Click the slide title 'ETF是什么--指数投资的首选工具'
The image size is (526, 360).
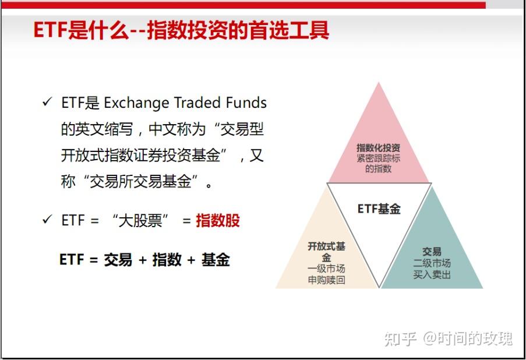coord(181,30)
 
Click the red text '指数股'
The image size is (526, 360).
coord(218,221)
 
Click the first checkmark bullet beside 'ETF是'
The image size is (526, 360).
coord(47,103)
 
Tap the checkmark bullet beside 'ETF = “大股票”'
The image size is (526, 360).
coord(47,220)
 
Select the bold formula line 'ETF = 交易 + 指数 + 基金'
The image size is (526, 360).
coord(144,260)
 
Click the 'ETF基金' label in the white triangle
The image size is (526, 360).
coord(379,209)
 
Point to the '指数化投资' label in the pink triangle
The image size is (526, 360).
coord(379,148)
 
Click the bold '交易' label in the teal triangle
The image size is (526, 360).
coord(432,252)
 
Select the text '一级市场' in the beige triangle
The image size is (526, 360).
coord(326,269)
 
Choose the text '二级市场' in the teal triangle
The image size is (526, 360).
coord(432,263)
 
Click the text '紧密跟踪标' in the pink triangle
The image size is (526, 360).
coord(379,158)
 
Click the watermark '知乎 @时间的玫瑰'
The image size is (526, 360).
coord(448,338)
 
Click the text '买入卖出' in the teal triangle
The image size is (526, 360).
coord(432,274)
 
